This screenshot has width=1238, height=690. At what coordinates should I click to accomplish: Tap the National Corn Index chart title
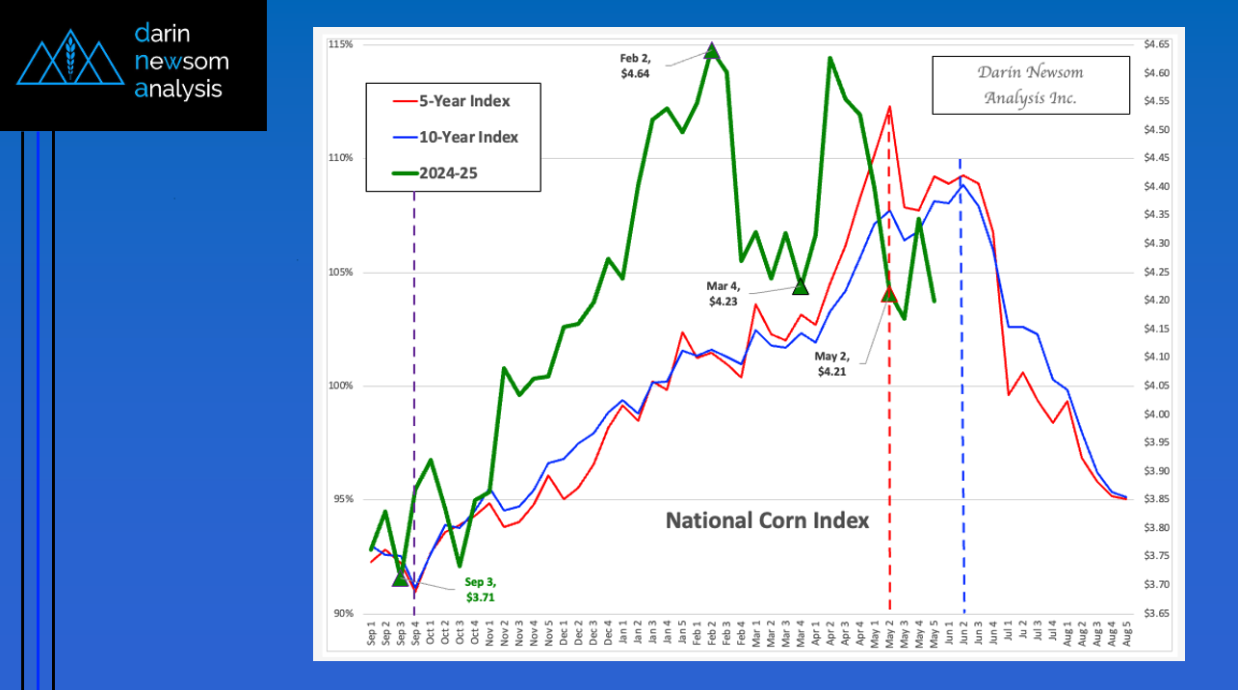768,520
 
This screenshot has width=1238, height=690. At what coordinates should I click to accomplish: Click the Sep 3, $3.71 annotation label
480,590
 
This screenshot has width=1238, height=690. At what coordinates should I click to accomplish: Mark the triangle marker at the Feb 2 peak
712,50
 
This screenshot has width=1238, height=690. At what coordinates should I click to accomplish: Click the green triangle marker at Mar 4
800,286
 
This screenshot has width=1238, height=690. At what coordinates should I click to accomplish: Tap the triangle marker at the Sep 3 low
400,578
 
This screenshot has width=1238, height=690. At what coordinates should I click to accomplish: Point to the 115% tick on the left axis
340,44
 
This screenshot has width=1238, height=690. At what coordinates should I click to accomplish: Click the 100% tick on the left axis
340,385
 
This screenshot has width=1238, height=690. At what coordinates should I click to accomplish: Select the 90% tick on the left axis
342,613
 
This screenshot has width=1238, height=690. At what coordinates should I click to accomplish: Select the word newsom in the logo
182,61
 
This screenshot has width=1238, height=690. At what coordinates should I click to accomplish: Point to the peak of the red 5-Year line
889,107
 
